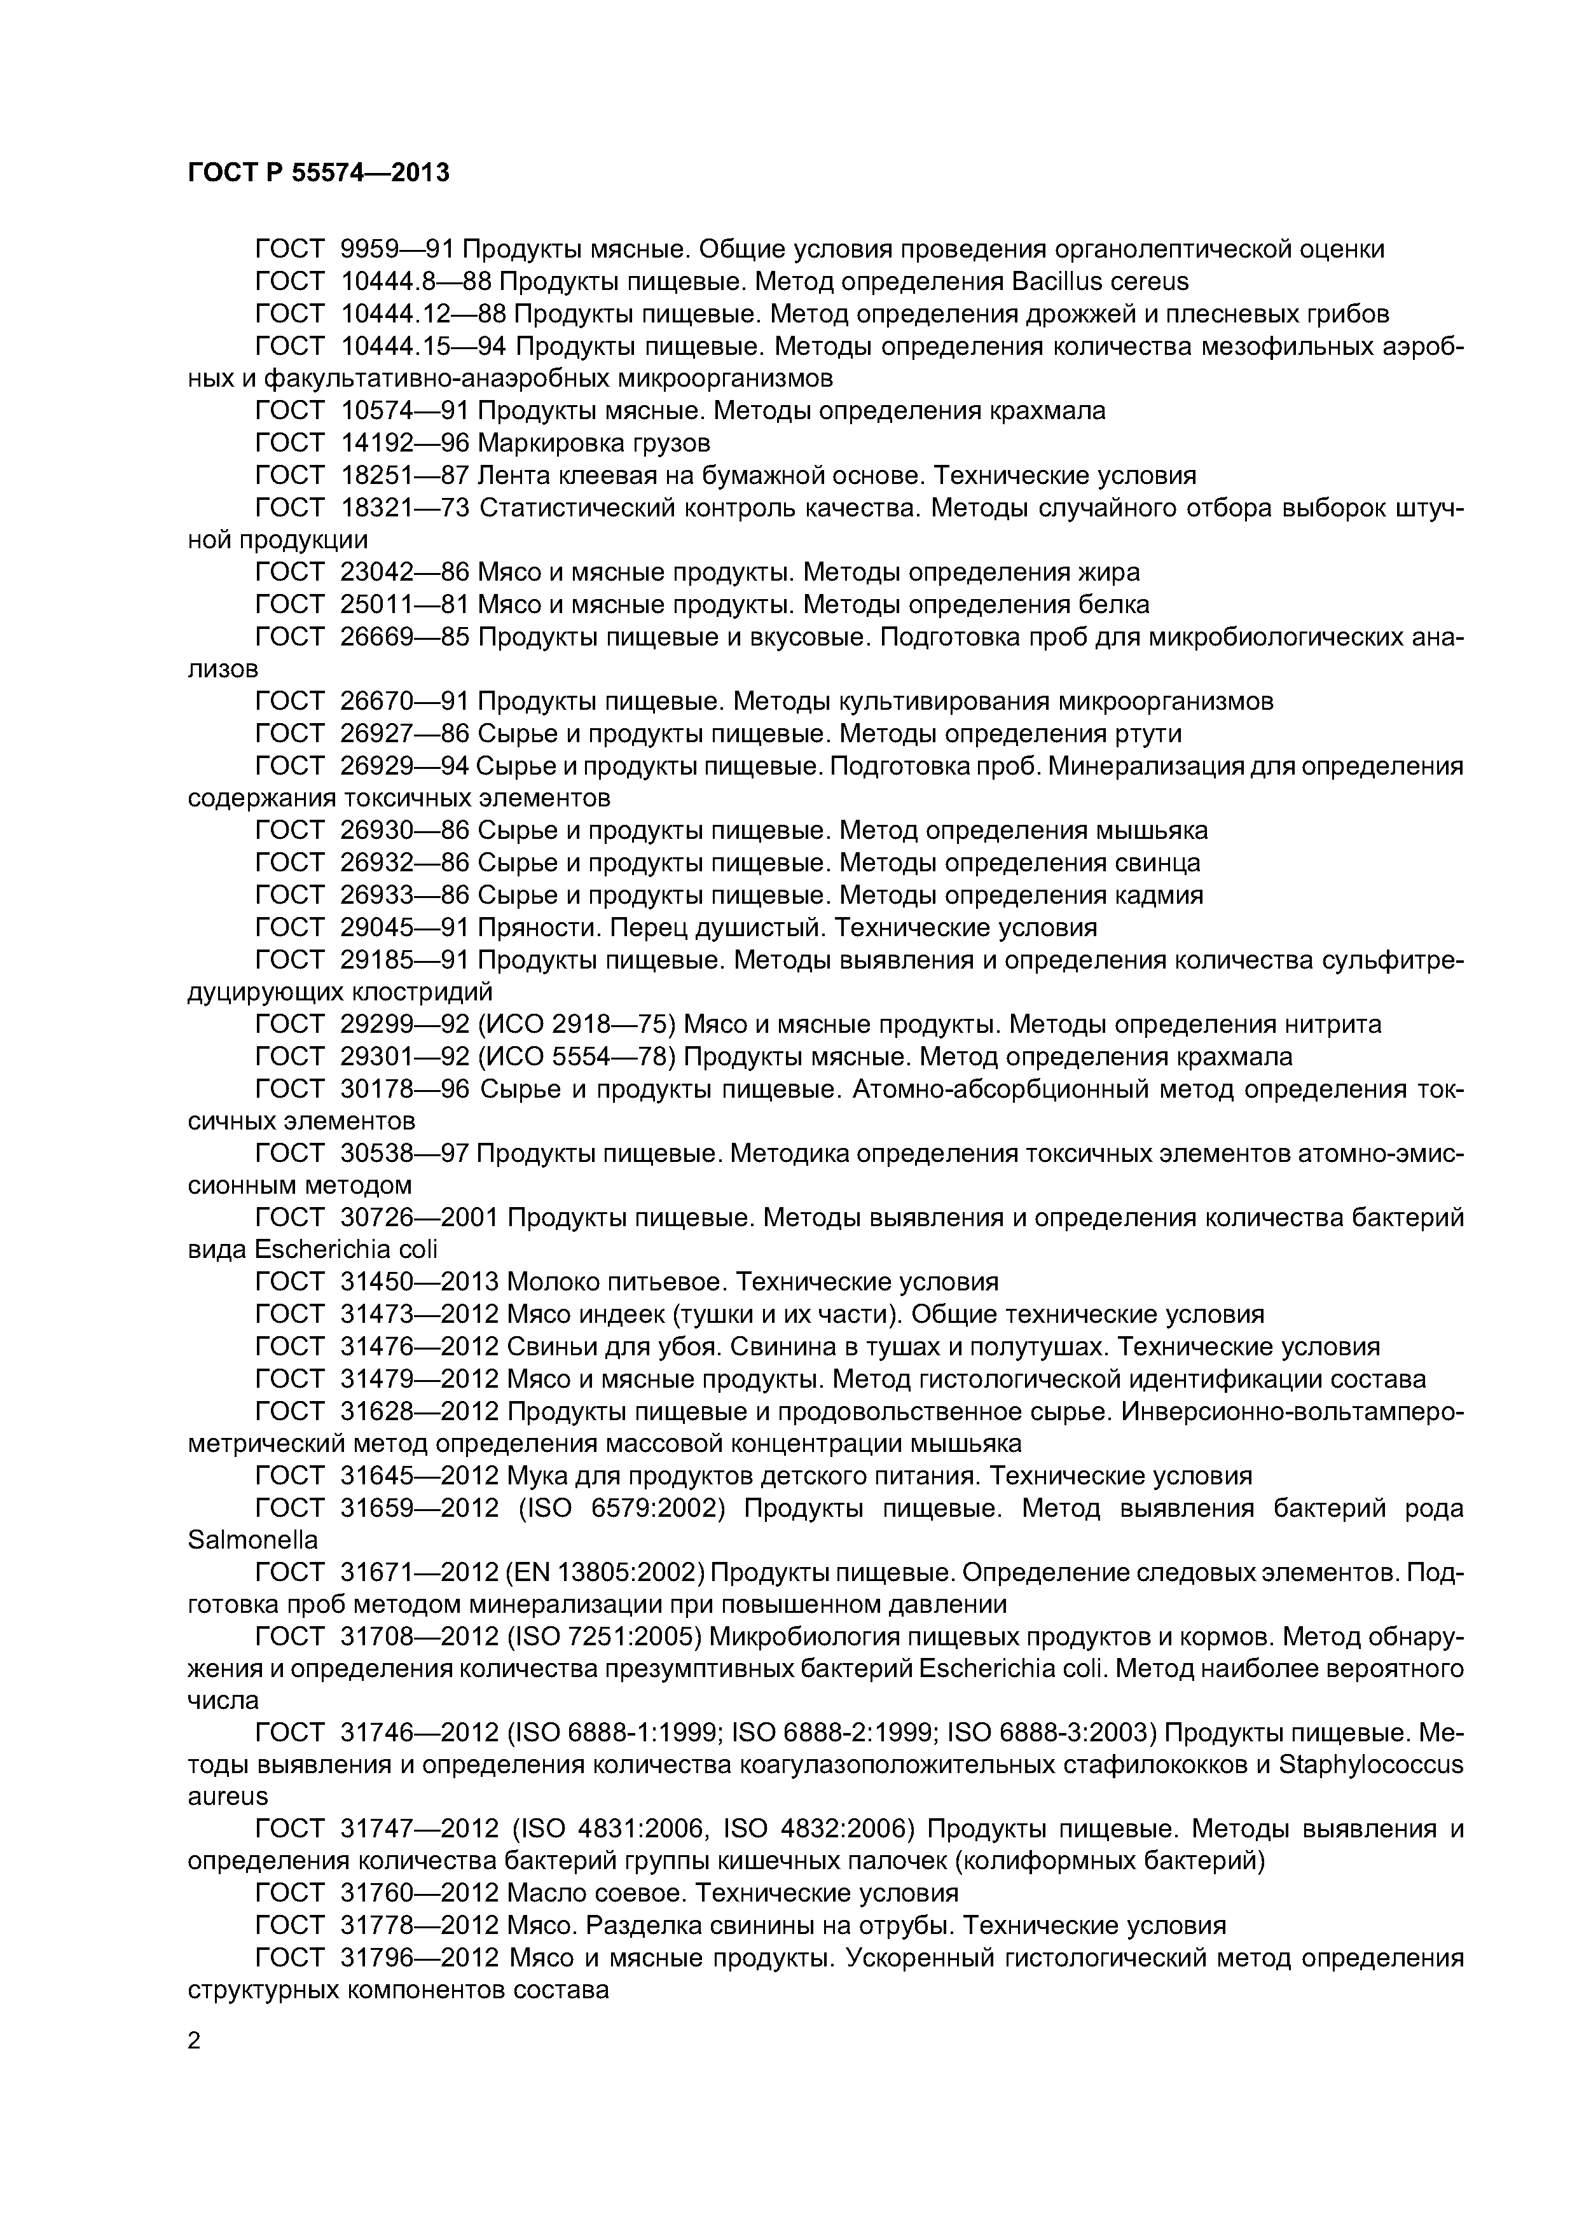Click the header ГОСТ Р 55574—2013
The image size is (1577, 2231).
click(x=319, y=173)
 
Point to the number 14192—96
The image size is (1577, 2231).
click(x=405, y=443)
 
